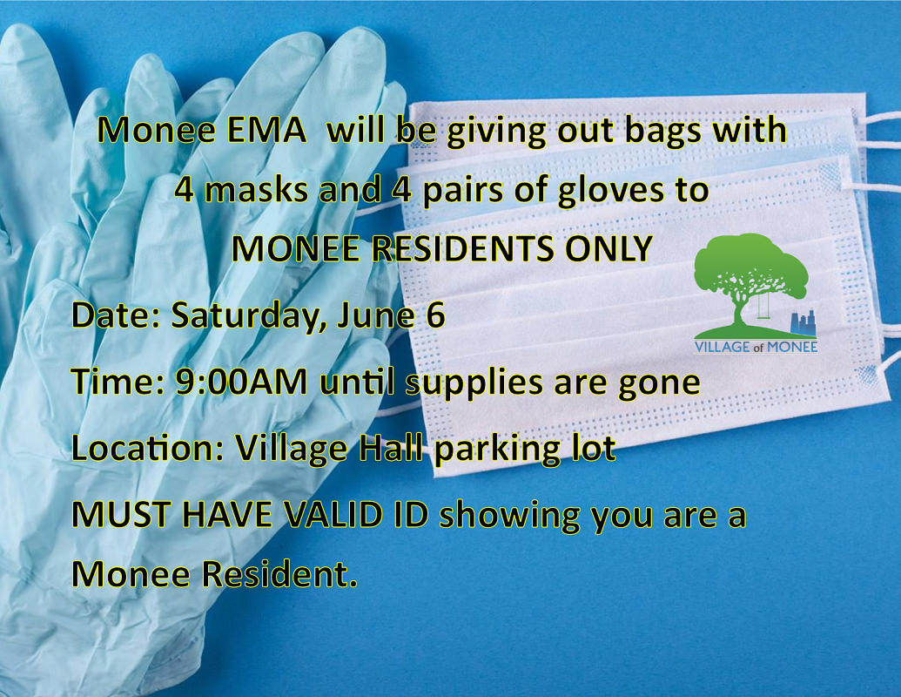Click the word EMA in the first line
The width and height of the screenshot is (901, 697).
[x=266, y=130]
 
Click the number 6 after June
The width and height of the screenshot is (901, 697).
[x=436, y=315]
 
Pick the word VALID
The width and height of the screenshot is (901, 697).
[x=334, y=515]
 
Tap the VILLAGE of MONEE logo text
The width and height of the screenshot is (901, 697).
[x=756, y=347]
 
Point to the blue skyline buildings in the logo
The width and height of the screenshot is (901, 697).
[x=804, y=323]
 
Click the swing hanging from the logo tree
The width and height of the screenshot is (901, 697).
[x=764, y=305]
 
